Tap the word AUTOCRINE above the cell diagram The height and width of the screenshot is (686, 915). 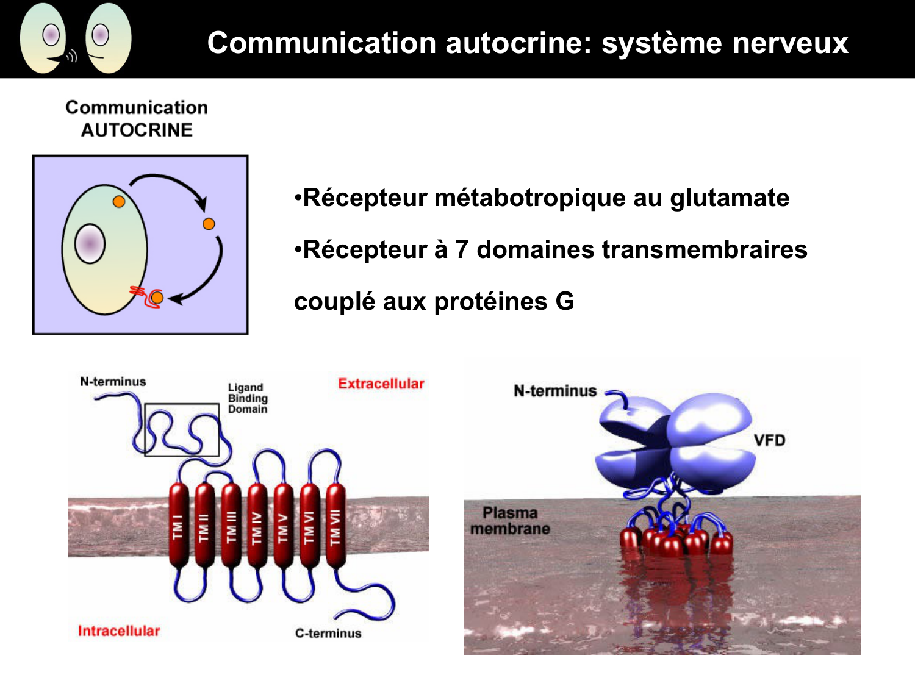(x=137, y=130)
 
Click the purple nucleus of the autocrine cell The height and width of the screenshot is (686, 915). (x=90, y=244)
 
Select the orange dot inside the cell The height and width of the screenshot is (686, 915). (x=119, y=201)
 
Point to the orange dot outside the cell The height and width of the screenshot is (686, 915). (x=209, y=224)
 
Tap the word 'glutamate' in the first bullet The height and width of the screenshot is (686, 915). (x=729, y=198)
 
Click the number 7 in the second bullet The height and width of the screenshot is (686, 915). (x=462, y=250)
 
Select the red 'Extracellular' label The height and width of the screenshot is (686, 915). (x=381, y=384)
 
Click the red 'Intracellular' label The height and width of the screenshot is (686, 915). (x=119, y=631)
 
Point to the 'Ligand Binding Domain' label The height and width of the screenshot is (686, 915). (x=247, y=398)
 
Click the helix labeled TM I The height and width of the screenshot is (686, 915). (x=178, y=526)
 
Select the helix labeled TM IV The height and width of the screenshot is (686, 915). (x=257, y=526)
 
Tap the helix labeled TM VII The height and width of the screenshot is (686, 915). (x=335, y=526)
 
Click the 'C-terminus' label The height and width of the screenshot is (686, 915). (x=328, y=634)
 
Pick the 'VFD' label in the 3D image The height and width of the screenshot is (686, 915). (x=769, y=440)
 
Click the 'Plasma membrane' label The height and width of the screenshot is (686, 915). (x=510, y=521)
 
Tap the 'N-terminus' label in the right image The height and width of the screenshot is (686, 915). (x=554, y=391)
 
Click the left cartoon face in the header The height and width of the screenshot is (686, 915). (x=44, y=38)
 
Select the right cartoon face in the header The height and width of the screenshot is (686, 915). (x=108, y=38)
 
